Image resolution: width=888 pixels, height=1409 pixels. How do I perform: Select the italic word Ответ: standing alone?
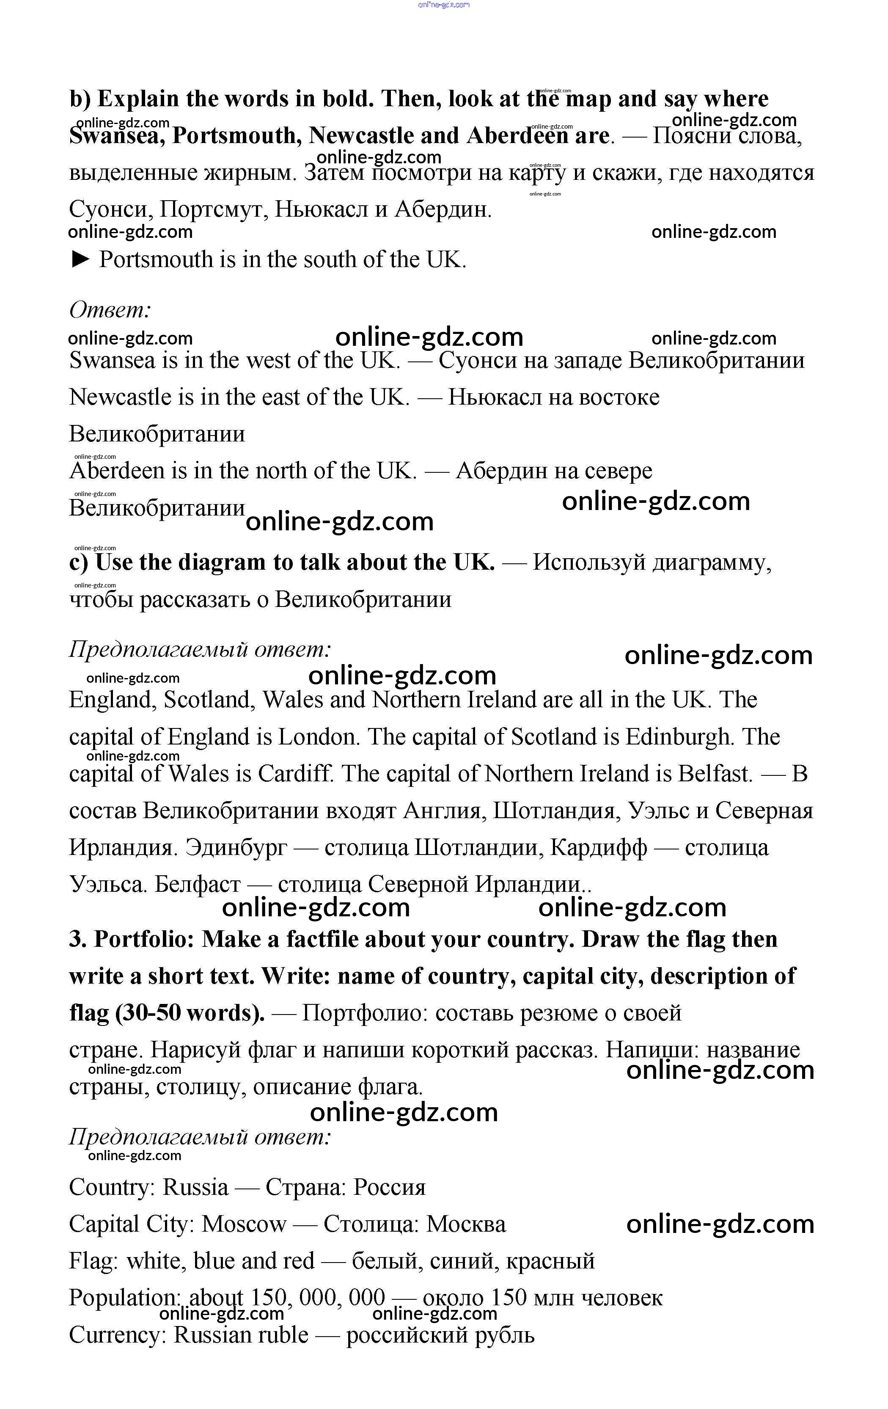tap(110, 309)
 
